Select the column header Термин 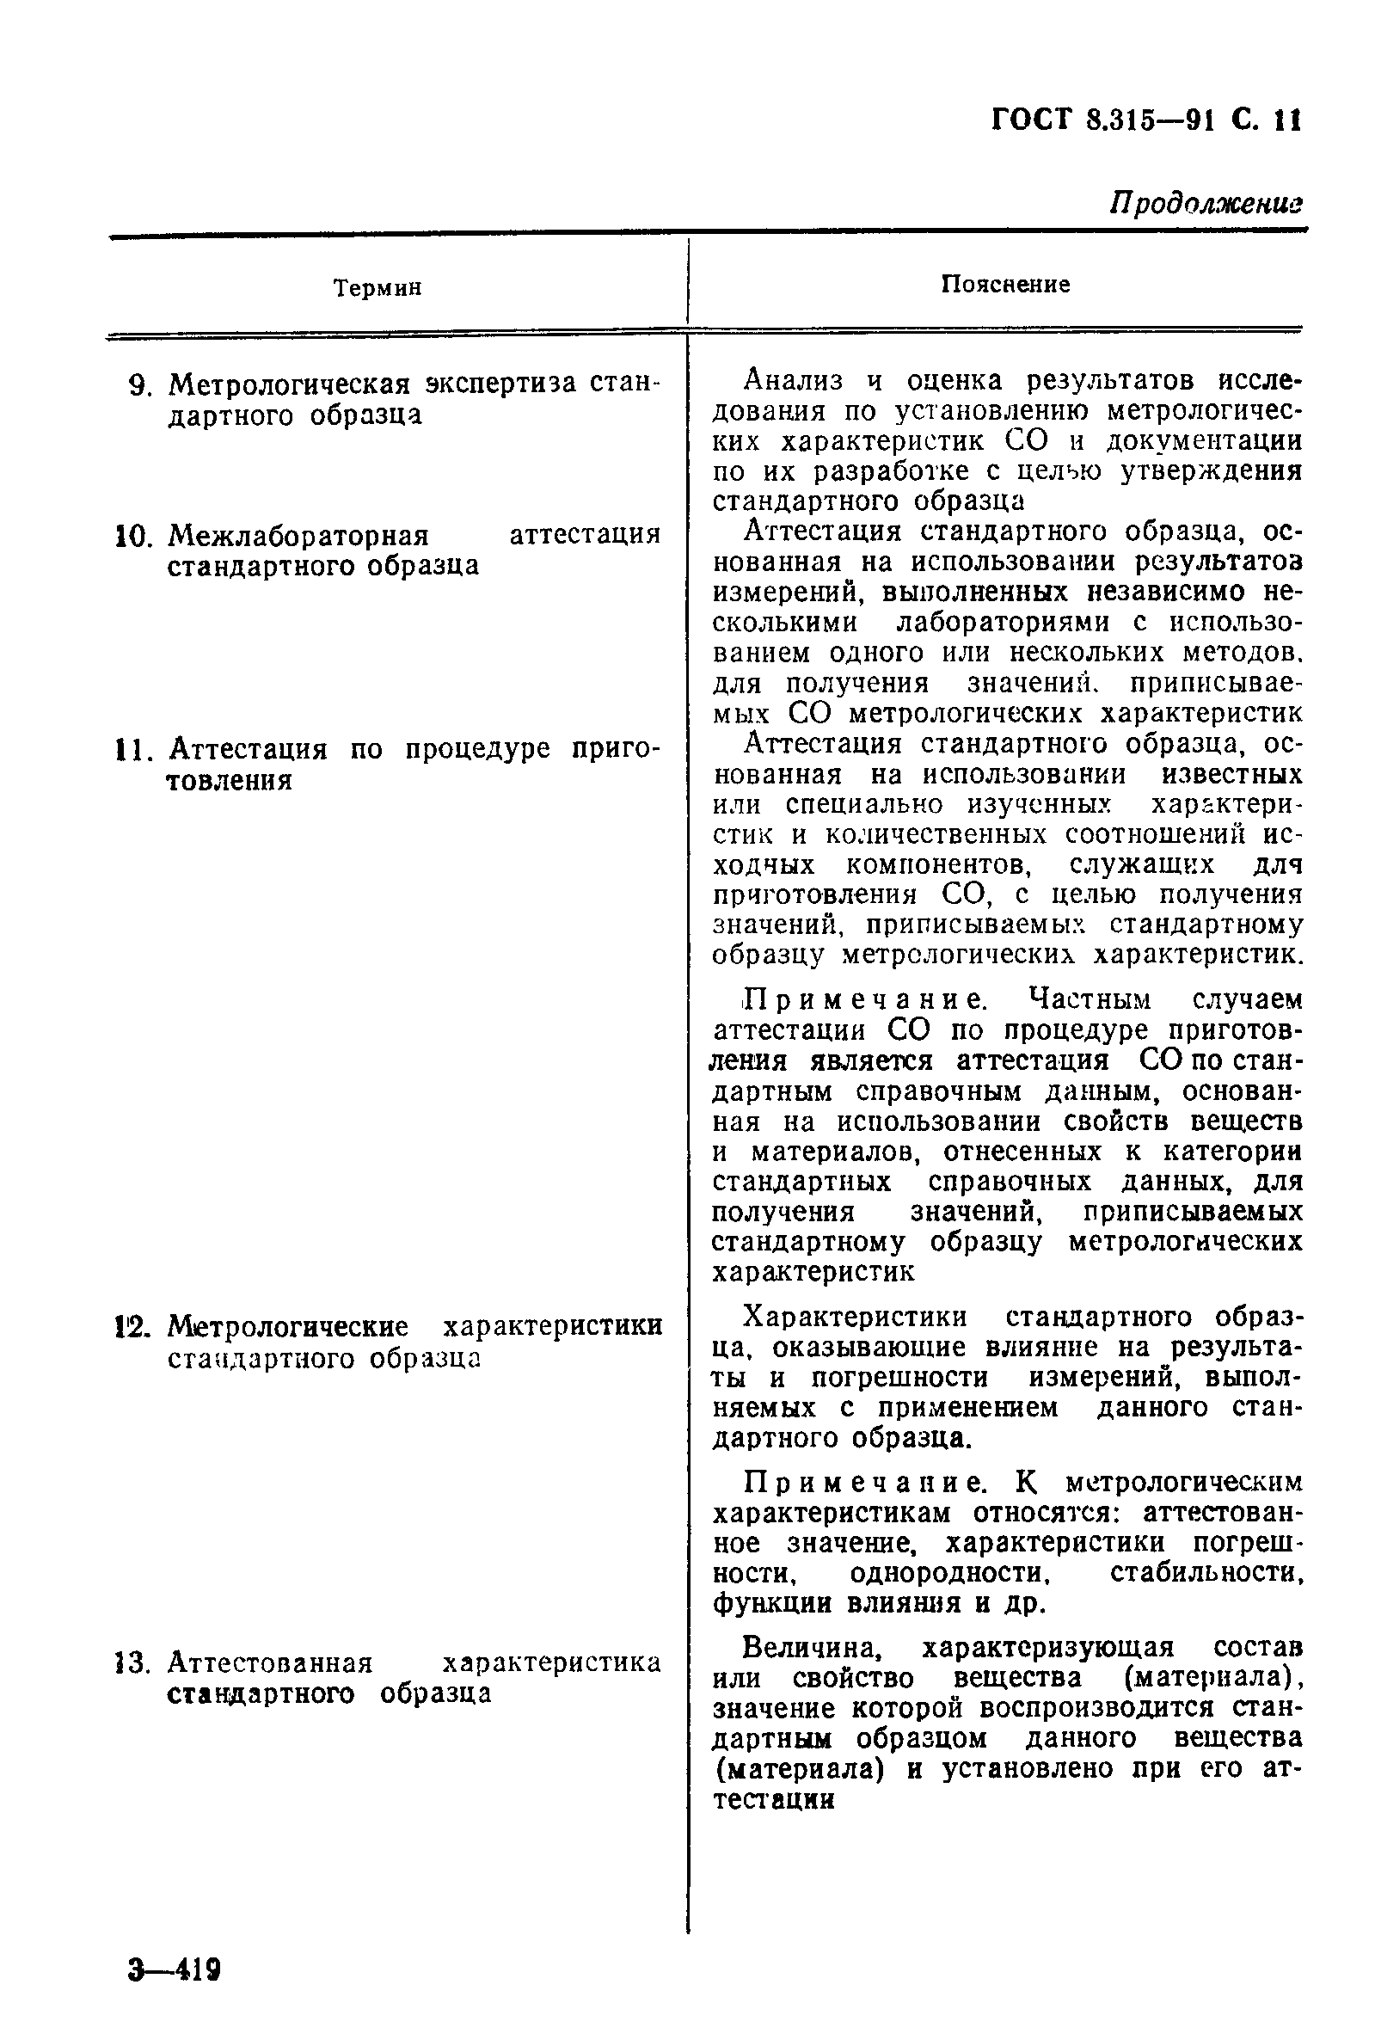[378, 287]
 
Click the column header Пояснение [1005, 284]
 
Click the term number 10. [134, 536]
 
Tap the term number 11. [134, 750]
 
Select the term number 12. [134, 1325]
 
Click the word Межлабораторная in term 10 [298, 535]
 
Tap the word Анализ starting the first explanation [794, 381]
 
